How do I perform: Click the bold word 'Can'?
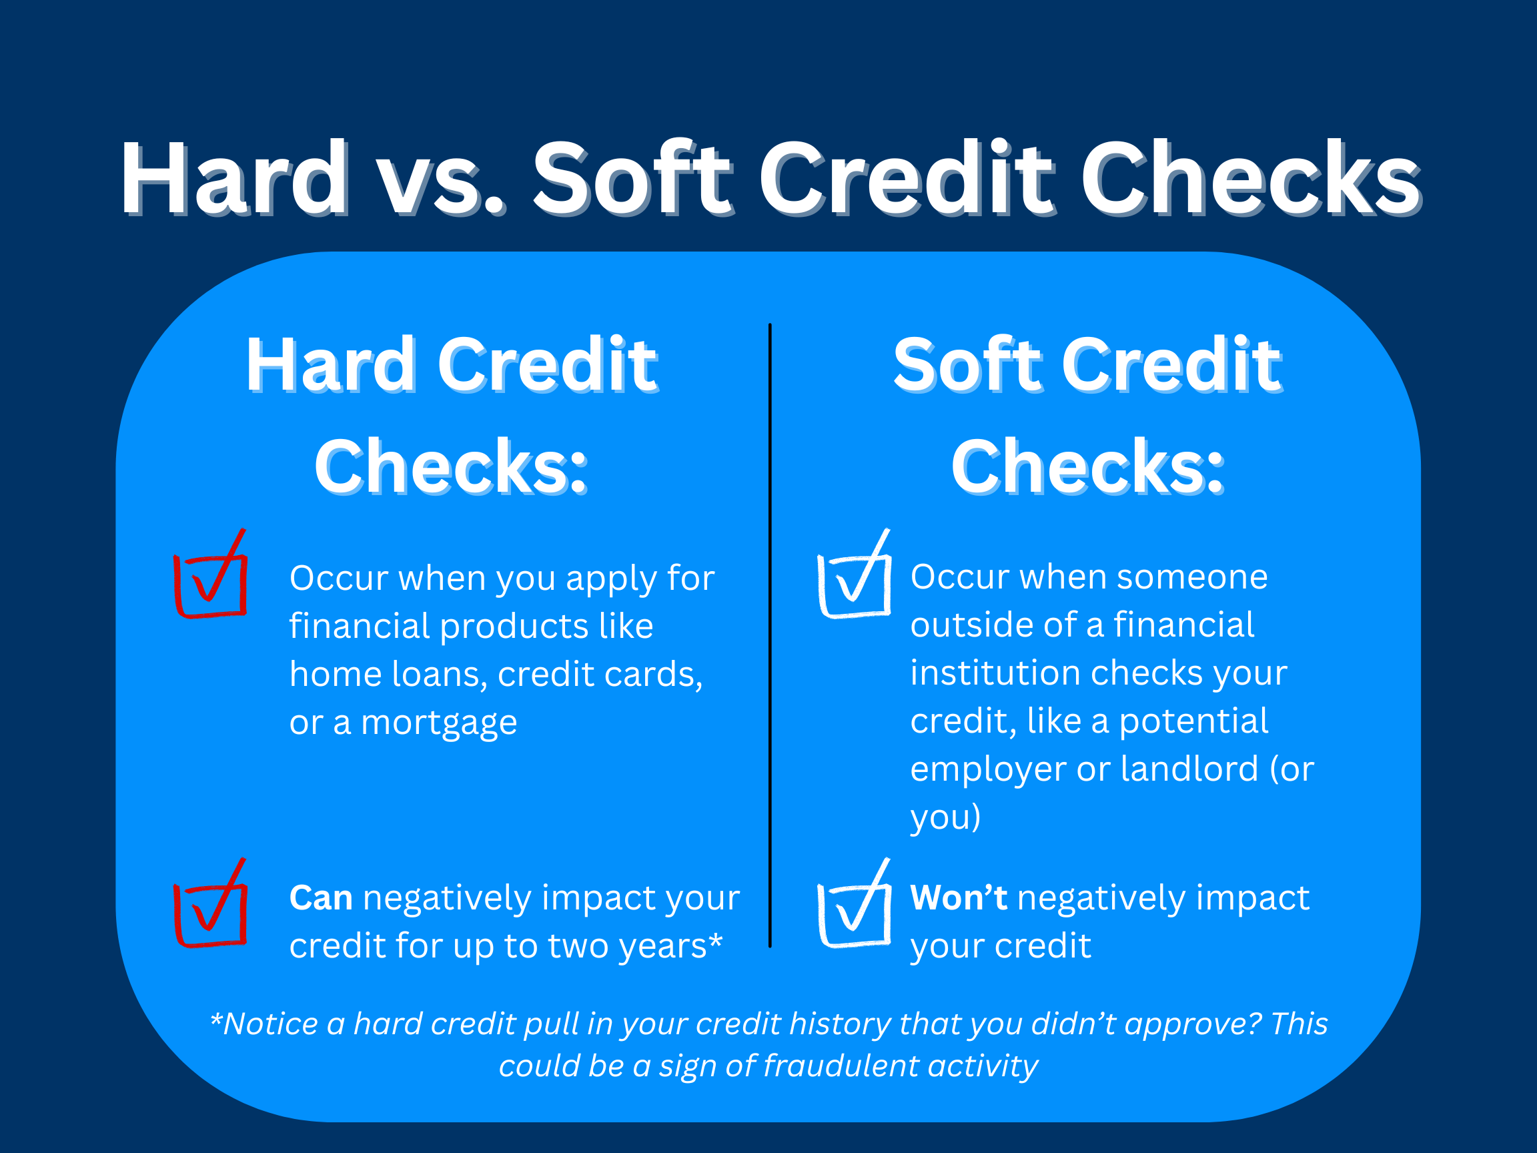coord(320,898)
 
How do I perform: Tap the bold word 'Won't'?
coord(958,898)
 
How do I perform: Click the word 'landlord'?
coord(1189,769)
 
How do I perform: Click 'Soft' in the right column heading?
coord(968,365)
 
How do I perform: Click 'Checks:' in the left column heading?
coord(452,467)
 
